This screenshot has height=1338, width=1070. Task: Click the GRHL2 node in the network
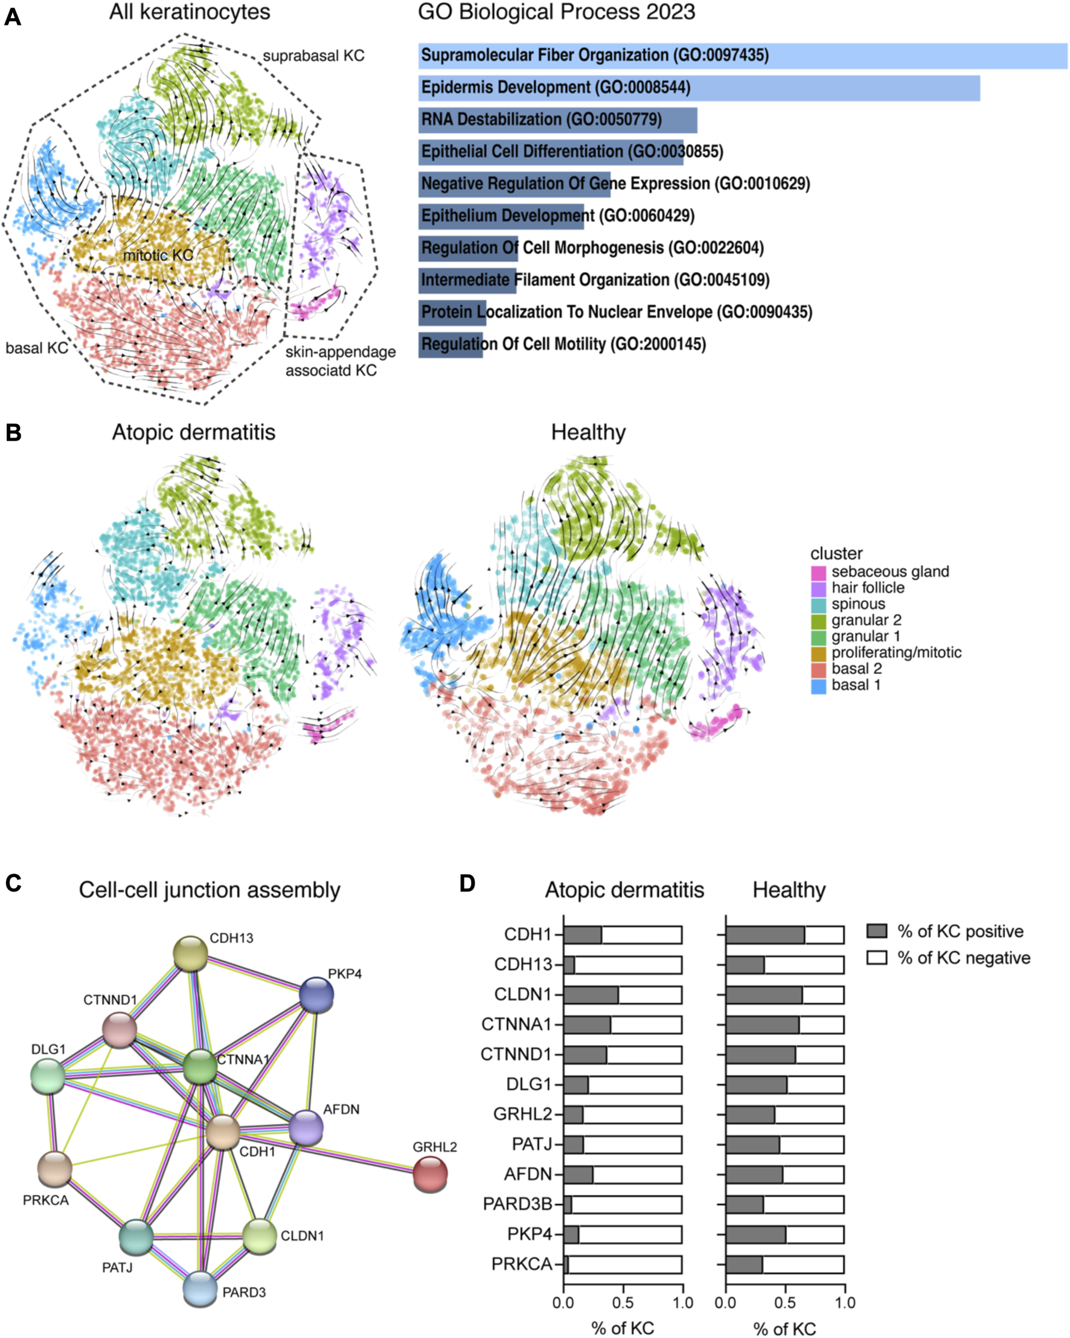tap(431, 1173)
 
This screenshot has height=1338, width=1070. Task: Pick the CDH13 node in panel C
tap(190, 953)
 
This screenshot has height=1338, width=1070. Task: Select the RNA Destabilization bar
tap(557, 120)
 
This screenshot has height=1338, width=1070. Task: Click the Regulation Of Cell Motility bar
tap(450, 344)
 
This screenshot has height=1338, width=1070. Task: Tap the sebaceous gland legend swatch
tap(818, 572)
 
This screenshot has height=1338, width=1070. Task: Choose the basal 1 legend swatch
tap(818, 686)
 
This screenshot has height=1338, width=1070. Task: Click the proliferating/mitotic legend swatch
tap(818, 654)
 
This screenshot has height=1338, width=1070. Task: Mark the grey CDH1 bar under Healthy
tap(765, 934)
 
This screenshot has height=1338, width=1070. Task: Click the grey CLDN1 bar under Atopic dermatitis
tap(591, 995)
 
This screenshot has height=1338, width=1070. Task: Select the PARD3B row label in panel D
tap(517, 1204)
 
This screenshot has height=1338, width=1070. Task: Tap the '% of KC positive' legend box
tap(876, 931)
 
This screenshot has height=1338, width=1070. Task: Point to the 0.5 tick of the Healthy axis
tap(785, 1302)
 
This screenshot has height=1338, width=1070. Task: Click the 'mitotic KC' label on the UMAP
tap(158, 255)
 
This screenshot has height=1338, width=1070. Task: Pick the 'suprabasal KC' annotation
tap(313, 56)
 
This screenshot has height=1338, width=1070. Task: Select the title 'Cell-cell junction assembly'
tap(209, 890)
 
